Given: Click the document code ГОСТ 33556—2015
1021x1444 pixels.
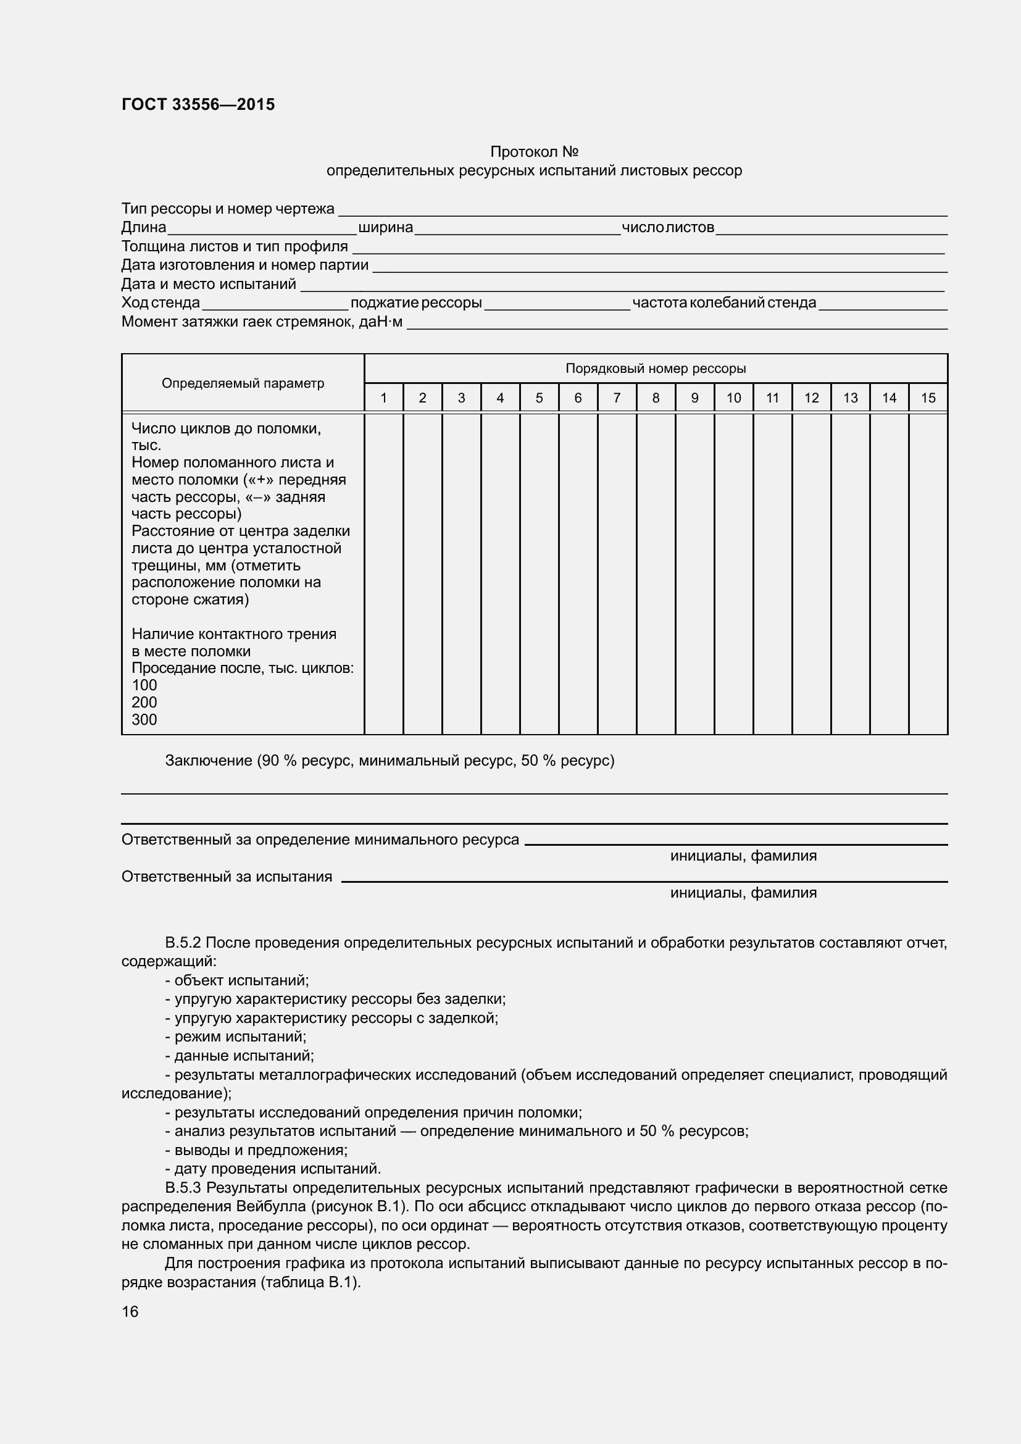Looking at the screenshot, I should click(198, 104).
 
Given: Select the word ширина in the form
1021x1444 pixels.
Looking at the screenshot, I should click(385, 227).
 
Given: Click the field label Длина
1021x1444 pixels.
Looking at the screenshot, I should click(144, 227).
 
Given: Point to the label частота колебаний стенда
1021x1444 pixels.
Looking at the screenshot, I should click(724, 303).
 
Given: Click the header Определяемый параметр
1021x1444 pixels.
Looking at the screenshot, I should click(243, 383).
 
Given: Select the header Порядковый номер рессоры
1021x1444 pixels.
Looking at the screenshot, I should click(655, 369).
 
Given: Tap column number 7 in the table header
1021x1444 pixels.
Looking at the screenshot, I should click(617, 398).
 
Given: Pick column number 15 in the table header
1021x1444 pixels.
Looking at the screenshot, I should click(927, 398).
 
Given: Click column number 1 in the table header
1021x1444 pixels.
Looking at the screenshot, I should click(383, 398).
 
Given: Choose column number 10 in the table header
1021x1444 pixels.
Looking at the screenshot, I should click(733, 398).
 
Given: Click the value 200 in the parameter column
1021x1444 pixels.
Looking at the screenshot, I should click(144, 703).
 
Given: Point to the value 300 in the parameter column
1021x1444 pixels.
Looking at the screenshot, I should click(144, 719).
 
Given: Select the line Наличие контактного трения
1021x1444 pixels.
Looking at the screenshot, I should click(234, 634).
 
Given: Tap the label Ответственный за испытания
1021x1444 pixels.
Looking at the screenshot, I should click(227, 876).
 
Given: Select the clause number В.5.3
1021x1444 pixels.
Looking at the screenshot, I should click(183, 1188).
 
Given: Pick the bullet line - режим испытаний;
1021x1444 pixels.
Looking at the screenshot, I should click(236, 1037).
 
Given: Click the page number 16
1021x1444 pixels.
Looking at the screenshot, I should click(130, 1311).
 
